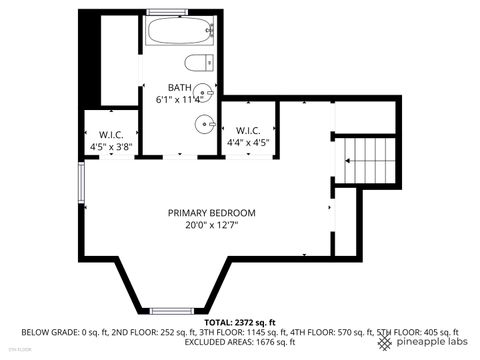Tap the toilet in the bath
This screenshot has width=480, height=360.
203,64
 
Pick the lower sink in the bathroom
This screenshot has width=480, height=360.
204,125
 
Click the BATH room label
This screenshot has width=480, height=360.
178,87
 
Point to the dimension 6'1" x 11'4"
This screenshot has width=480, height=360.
180,99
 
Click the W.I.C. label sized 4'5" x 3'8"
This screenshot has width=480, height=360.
110,134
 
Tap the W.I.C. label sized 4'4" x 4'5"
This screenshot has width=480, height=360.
248,130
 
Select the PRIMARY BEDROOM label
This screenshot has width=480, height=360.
211,212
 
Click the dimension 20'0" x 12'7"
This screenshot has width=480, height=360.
211,225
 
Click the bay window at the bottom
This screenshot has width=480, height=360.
179,311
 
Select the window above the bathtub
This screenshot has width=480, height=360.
179,11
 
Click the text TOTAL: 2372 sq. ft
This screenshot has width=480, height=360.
240,323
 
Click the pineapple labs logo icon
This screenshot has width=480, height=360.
385,343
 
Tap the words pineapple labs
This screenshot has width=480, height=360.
430,343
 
